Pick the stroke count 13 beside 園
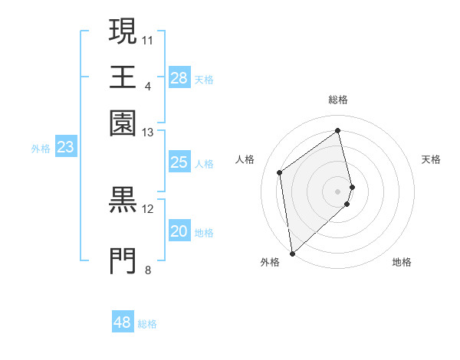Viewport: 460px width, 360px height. (148, 133)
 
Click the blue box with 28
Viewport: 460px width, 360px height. (179, 78)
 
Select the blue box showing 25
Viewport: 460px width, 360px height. (179, 162)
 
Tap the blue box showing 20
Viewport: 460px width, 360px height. (179, 231)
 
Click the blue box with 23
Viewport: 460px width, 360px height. (65, 148)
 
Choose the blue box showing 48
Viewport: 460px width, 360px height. (123, 322)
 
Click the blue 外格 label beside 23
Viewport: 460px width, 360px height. (40, 149)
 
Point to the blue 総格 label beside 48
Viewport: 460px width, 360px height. (147, 324)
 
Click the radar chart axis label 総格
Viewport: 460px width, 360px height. (338, 100)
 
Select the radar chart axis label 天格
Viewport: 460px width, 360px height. (432, 159)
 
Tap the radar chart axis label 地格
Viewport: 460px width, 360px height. (402, 262)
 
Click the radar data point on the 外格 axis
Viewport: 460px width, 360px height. (292, 253)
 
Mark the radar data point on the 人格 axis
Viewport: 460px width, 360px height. (280, 172)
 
